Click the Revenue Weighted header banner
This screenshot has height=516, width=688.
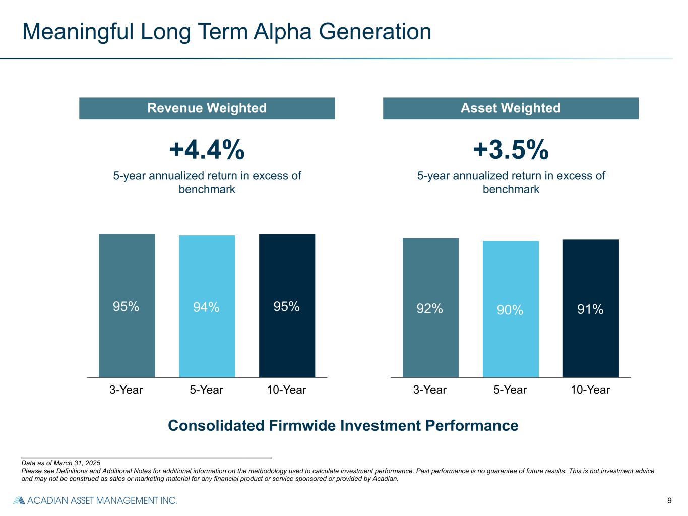207,108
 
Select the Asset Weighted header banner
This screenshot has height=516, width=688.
511,108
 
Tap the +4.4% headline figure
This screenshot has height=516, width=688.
207,150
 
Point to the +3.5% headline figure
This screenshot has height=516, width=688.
511,150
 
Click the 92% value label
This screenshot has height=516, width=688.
429,308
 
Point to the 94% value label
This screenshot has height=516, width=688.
206,307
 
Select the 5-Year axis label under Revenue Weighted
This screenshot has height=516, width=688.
207,390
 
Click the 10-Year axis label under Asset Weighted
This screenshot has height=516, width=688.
590,390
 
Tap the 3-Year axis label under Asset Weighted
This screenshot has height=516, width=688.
430,390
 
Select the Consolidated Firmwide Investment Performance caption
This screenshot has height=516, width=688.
343,426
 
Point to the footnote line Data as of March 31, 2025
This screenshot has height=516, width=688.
61,463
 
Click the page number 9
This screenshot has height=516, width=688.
669,500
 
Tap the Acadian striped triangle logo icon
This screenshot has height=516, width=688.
19,500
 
